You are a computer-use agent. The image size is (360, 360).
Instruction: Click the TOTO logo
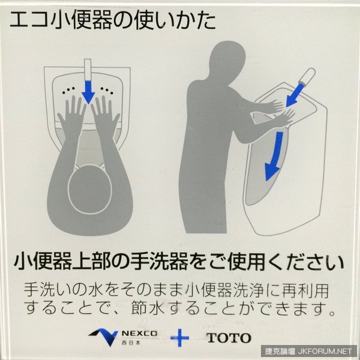pos(229,338)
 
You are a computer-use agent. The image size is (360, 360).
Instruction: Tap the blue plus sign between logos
pos(180,338)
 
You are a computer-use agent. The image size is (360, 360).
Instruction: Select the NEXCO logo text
pos(139,333)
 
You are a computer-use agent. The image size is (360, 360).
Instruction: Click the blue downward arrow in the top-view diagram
pos(88,92)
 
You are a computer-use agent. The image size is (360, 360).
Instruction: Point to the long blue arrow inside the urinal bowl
pos(274,156)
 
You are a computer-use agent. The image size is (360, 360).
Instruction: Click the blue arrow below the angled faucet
pos(295,95)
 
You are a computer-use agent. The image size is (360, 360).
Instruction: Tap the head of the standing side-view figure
pos(227,59)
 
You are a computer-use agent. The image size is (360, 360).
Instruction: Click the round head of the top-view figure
pos(90,189)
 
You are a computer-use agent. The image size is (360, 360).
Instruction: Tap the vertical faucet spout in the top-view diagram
pos(88,70)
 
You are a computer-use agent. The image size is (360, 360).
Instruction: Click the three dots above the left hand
pos(68,90)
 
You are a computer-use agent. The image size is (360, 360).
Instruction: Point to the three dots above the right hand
pos(107,90)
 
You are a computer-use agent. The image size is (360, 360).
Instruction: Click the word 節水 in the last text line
pos(148,308)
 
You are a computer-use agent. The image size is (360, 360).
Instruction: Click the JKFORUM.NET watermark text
pos(325,351)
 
